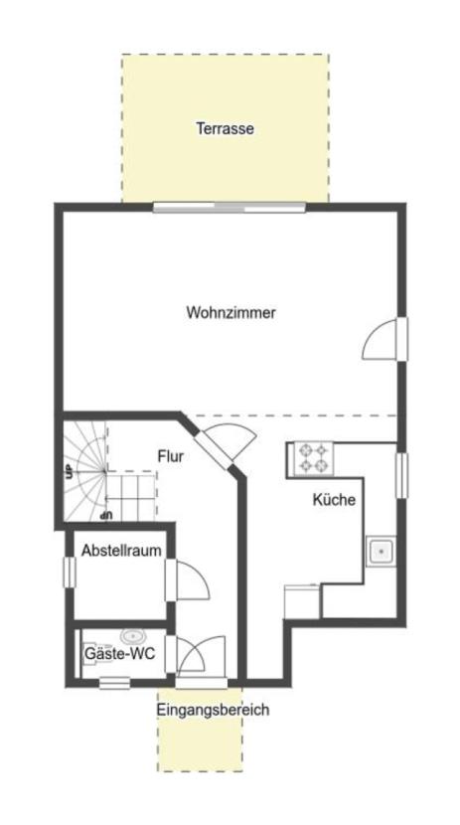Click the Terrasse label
click(225, 128)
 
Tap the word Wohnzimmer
click(230, 312)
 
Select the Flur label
click(171, 456)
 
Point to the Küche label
click(334, 499)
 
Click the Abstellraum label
click(121, 551)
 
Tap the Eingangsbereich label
click(213, 710)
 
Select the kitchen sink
click(382, 552)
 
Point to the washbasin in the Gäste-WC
click(133, 636)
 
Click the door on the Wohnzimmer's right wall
click(384, 339)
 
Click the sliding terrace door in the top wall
click(229, 208)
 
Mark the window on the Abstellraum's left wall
click(69, 572)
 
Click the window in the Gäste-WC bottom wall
click(114, 683)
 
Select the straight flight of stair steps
click(132, 494)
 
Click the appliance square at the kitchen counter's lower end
click(302, 601)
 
